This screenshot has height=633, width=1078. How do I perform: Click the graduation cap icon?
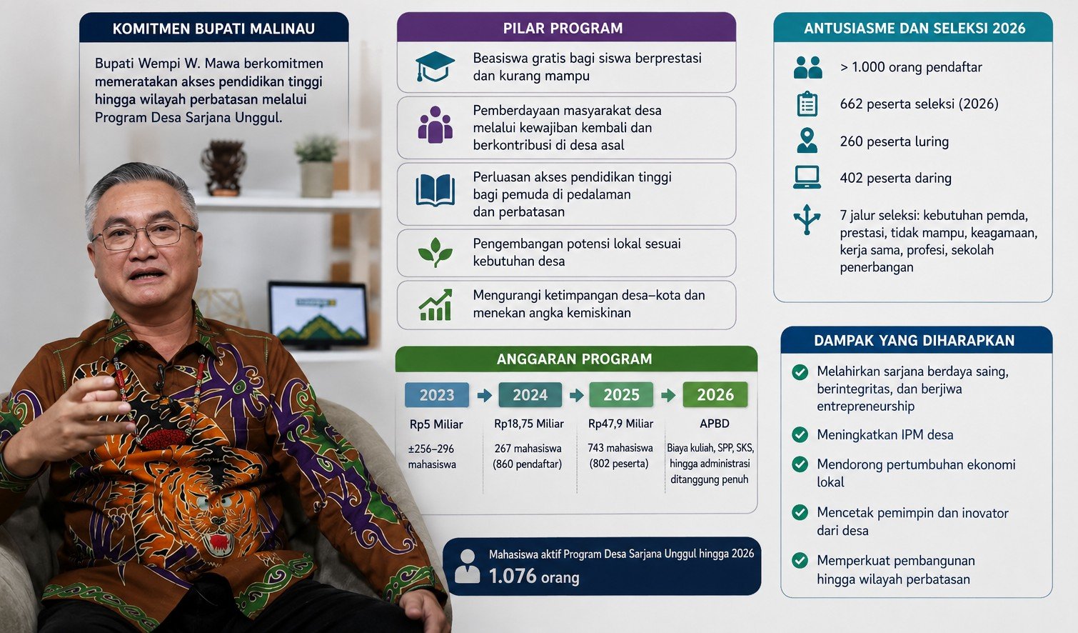click(x=435, y=66)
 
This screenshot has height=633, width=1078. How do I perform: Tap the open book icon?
click(x=435, y=190)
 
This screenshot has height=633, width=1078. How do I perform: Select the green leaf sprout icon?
click(x=435, y=252)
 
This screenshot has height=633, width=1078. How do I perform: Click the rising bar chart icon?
click(x=435, y=305)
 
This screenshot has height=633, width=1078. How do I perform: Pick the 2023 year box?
click(x=437, y=395)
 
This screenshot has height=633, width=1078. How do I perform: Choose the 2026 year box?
click(x=715, y=394)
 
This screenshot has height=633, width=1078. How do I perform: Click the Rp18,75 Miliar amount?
click(x=529, y=424)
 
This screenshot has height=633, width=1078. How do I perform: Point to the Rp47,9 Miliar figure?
click(x=621, y=424)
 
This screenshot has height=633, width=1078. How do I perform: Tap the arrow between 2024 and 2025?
click(x=576, y=396)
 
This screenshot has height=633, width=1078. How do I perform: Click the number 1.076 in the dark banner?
click(x=513, y=576)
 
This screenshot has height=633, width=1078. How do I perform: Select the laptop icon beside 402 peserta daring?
click(x=807, y=177)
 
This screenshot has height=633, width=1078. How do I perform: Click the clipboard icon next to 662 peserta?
click(x=807, y=104)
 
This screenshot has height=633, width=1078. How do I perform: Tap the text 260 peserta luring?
click(x=894, y=141)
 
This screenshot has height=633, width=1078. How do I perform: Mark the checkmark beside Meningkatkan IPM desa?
click(x=800, y=434)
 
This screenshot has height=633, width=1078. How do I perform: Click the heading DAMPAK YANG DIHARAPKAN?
click(x=915, y=341)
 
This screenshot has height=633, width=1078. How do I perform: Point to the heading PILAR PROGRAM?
click(x=563, y=29)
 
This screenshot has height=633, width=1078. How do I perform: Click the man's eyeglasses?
click(x=143, y=235)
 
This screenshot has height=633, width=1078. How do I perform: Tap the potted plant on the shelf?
click(x=317, y=166)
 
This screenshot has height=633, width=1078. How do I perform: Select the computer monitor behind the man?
click(x=318, y=314)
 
